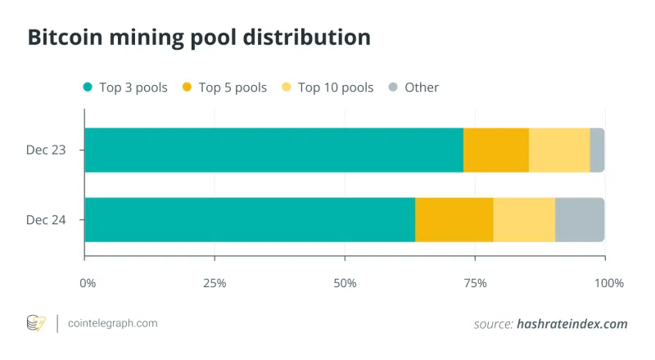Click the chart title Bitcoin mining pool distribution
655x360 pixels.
tap(198, 37)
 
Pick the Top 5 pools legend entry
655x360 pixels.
tap(224, 88)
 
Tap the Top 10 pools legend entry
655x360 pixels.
tap(327, 88)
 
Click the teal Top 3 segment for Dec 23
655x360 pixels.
tap(273, 150)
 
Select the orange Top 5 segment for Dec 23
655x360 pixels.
tap(496, 150)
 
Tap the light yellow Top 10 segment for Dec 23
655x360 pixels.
tap(559, 150)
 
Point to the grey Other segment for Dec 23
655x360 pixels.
tap(597, 150)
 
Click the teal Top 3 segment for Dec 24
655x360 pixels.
tap(250, 219)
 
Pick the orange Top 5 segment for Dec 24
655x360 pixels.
tap(454, 219)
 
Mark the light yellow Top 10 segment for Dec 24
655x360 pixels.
tap(524, 219)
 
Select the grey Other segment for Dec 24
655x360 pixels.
tap(580, 219)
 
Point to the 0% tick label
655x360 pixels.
tap(88, 283)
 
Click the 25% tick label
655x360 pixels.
tap(215, 283)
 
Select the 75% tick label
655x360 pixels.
tap(475, 283)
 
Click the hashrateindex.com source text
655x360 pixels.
tap(571, 324)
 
